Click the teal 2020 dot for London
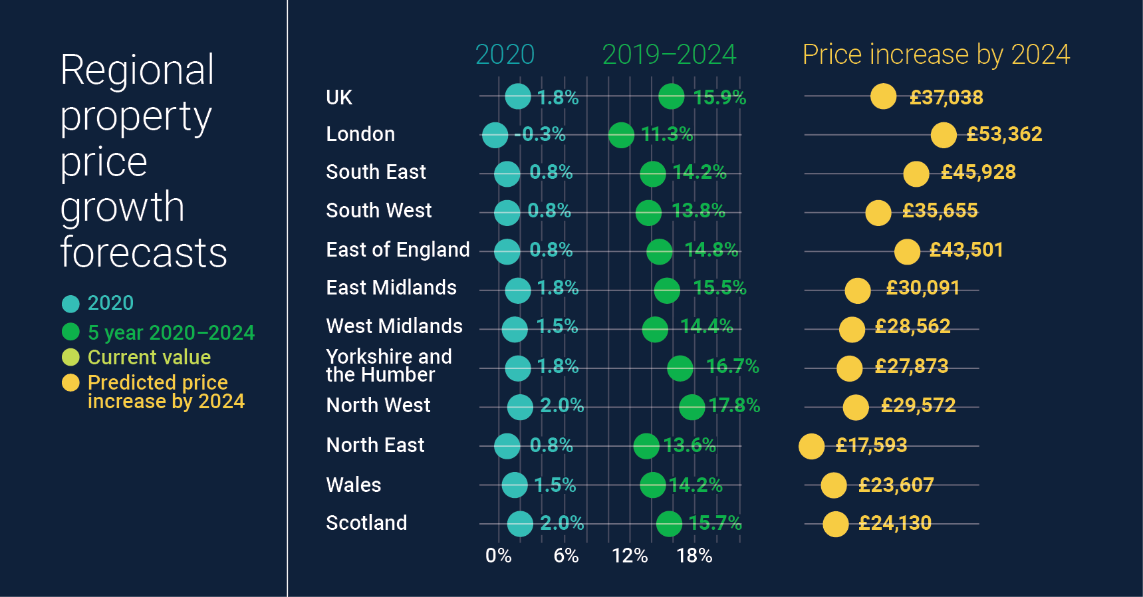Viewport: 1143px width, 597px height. point(495,135)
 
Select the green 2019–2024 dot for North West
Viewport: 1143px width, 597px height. point(692,407)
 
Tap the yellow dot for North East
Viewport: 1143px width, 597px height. point(811,446)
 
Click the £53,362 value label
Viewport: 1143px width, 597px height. point(1004,134)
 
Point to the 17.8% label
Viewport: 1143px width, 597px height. point(734,406)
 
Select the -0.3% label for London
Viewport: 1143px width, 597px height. point(540,134)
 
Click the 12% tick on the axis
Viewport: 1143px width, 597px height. point(630,556)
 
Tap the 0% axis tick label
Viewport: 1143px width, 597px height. point(499,556)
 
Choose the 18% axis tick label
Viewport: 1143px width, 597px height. point(694,556)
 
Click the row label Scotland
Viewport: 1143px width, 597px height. point(366,523)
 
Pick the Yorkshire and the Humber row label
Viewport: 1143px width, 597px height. point(389,366)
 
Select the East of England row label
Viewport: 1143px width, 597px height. point(398,250)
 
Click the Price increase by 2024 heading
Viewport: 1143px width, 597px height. point(936,55)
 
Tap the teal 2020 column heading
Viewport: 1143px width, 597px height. point(505,55)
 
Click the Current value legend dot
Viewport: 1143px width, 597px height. point(70,358)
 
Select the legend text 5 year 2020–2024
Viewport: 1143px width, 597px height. point(171,332)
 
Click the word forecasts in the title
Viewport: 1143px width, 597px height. point(144,253)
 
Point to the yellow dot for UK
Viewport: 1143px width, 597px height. point(883,96)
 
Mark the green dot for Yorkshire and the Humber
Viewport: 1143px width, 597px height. point(680,368)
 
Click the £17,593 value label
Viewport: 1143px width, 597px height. point(871,445)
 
